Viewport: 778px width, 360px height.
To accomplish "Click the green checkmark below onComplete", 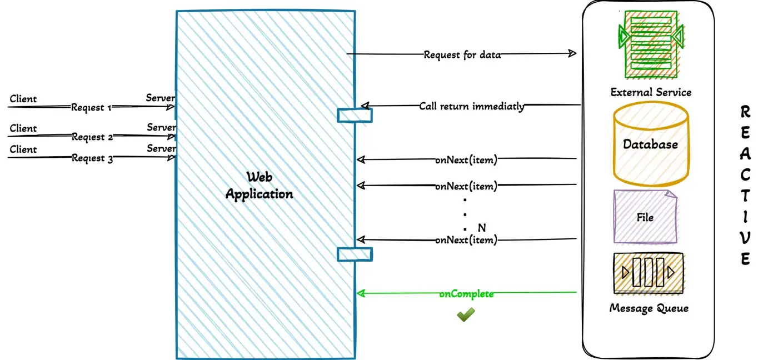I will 466,315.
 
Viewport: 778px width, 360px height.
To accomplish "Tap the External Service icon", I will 651,44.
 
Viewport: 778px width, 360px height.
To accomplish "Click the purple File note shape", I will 645,217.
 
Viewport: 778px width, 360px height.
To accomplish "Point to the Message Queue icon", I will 648,273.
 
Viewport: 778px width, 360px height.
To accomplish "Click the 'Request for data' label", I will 462,54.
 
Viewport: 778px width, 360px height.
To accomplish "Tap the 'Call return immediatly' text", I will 471,106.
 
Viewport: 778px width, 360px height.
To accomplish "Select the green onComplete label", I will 466,294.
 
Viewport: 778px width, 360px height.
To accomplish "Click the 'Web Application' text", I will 260,186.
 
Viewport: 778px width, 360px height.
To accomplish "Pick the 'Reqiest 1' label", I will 92,107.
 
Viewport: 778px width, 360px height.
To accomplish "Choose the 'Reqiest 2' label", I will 92,137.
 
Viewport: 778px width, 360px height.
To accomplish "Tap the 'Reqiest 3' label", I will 92,158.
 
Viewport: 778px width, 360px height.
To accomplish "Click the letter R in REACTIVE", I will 746,112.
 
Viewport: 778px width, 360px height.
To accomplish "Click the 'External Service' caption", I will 651,92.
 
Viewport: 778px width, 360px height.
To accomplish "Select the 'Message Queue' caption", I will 649,308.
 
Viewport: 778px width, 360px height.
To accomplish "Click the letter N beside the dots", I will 481,228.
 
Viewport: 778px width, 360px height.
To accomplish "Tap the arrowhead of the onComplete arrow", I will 360,293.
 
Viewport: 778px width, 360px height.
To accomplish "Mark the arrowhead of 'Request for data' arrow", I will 572,53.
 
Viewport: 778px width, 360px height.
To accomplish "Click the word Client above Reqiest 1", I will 23,99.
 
